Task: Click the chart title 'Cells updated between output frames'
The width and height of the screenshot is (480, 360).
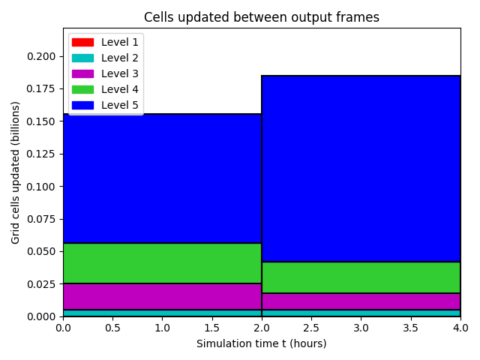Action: (x=262, y=17)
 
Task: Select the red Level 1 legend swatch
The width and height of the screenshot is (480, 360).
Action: (x=82, y=42)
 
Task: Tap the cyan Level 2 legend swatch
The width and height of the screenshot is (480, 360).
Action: (x=82, y=58)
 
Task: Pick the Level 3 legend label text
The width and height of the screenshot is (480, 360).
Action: (x=120, y=73)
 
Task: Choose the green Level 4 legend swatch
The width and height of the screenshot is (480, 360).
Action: (x=82, y=89)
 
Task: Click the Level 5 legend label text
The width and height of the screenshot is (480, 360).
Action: (x=120, y=105)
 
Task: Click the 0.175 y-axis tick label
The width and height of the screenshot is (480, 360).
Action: (x=41, y=89)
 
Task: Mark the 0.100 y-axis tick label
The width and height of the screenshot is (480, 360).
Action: (x=41, y=187)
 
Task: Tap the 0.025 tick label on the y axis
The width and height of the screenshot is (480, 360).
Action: (x=41, y=284)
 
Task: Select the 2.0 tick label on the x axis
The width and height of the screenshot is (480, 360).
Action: (x=262, y=328)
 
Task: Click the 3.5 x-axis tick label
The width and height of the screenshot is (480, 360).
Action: (x=410, y=328)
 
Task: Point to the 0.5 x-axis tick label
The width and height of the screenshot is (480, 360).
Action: (x=112, y=328)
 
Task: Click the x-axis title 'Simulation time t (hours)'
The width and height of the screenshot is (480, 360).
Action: (x=262, y=343)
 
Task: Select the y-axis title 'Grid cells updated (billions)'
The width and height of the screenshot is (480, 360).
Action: (x=15, y=172)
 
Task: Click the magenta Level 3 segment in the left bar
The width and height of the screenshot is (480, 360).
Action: (x=163, y=297)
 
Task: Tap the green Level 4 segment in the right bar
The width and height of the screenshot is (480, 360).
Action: (x=361, y=277)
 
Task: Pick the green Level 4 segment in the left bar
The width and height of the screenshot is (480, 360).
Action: (x=163, y=263)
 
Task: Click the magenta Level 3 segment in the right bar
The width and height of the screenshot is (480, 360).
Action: (x=361, y=301)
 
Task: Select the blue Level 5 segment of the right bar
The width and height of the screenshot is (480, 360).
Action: (x=361, y=169)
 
